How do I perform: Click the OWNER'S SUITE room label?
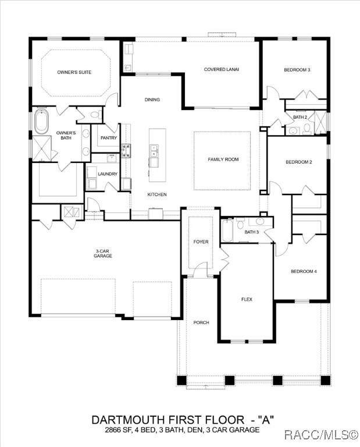coord(74,72)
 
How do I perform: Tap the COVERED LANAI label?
coord(221,69)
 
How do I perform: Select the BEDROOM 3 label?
coord(297,70)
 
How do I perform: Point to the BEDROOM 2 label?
coord(298,162)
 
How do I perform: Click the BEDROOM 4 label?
coord(304,271)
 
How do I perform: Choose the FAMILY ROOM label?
coord(223,159)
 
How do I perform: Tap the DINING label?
coord(152,100)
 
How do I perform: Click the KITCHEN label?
coord(157,194)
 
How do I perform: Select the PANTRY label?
coord(109,138)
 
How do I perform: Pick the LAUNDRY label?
coord(108,174)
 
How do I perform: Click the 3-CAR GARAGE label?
coord(103,254)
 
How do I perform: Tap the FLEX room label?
coord(247,299)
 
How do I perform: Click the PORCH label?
coord(201,322)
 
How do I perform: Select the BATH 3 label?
coord(251,232)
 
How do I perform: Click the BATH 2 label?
coord(300,117)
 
